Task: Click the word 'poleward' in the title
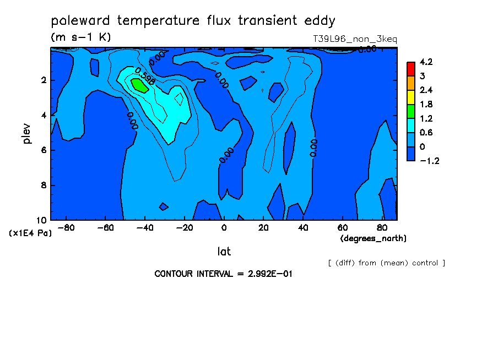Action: point(80,21)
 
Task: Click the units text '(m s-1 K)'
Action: point(81,37)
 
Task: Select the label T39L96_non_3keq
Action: point(355,39)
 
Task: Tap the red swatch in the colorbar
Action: point(411,69)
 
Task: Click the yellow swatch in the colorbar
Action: point(411,97)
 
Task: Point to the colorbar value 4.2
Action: point(426,62)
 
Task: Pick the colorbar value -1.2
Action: point(429,161)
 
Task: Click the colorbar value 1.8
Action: point(426,105)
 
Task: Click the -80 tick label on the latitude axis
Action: point(66,228)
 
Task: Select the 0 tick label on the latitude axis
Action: point(224,228)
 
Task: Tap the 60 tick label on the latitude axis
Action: point(343,228)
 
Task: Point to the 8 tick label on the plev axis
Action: point(44,185)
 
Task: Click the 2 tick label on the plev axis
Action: point(44,80)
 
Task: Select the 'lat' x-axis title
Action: point(224,252)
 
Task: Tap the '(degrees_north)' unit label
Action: point(373,238)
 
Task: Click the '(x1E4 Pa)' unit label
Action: point(30,233)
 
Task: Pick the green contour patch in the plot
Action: point(140,85)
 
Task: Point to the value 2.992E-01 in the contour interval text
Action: point(270,274)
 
